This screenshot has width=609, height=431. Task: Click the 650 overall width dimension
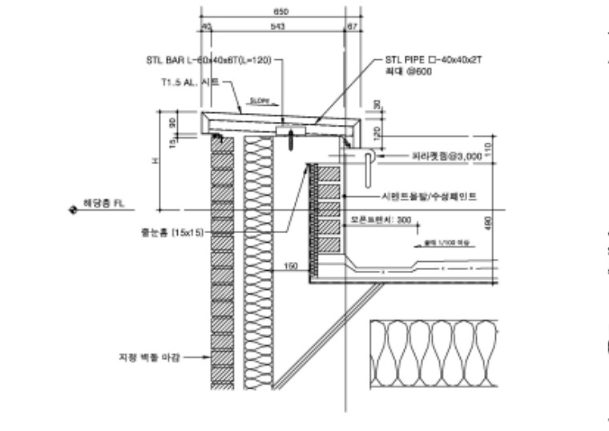coord(280,12)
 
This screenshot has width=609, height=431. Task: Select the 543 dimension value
coord(278,26)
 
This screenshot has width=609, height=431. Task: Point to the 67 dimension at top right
coord(351,26)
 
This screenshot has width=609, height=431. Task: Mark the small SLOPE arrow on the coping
coord(259,102)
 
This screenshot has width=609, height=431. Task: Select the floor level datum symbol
coord(71,206)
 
